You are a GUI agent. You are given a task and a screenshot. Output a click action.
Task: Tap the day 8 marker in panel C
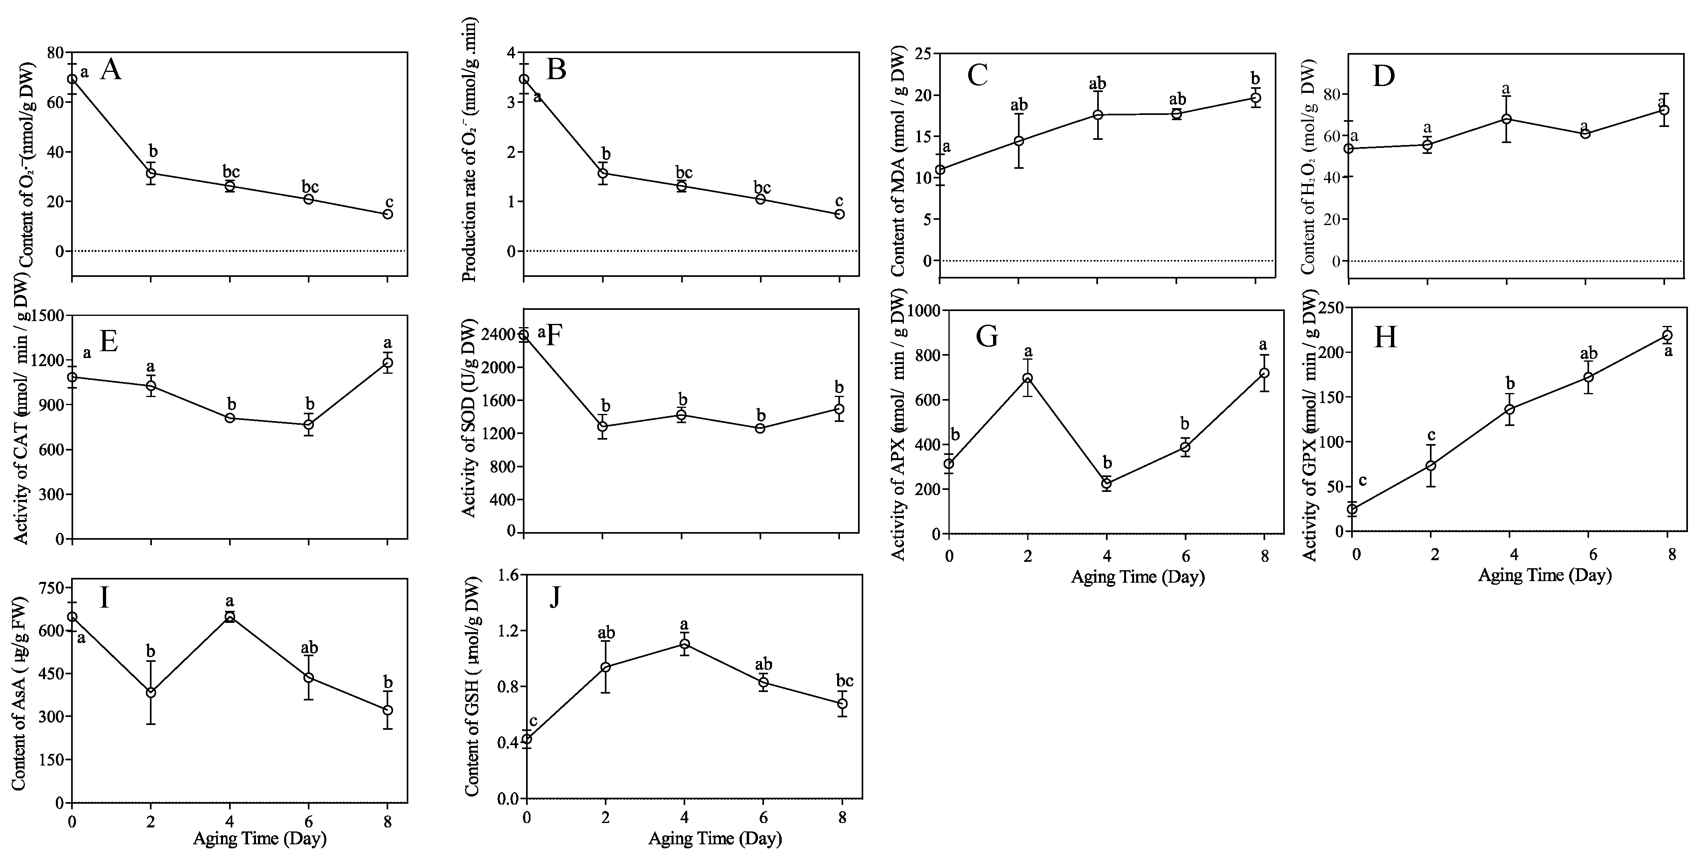tap(1256, 98)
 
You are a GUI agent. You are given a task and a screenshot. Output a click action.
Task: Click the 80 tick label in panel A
tap(56, 53)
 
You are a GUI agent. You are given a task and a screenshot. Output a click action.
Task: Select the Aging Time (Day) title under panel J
tap(715, 839)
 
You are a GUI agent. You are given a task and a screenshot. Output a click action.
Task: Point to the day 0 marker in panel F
tap(524, 335)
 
